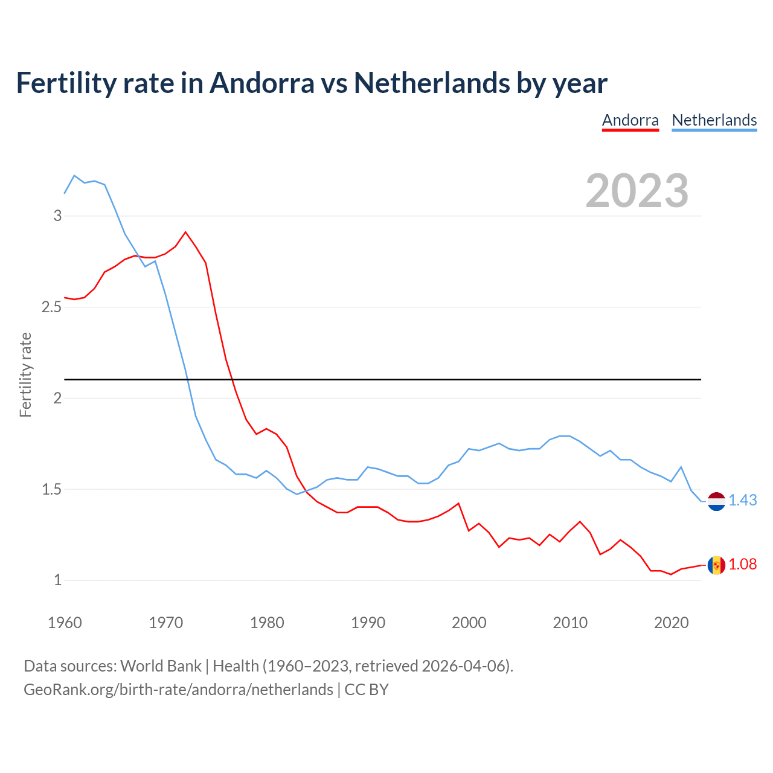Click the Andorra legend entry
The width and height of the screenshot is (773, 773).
630,120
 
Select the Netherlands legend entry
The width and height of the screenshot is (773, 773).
714,120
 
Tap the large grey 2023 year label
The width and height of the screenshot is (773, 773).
637,191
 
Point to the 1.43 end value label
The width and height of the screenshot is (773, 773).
742,500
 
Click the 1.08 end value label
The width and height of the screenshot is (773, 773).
742,564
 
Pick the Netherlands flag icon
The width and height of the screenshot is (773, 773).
716,501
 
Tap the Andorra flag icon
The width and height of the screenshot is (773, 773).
716,565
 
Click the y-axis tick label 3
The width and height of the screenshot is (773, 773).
58,216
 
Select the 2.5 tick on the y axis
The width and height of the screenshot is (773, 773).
52,307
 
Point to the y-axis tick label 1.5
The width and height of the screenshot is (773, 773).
52,489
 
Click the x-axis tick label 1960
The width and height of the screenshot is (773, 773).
65,623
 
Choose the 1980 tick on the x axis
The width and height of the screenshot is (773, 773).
267,623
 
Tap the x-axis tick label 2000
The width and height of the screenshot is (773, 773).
469,623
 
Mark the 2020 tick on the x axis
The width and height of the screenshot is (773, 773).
671,623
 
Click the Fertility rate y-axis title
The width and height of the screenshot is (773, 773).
25,374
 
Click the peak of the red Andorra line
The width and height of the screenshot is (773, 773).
185,232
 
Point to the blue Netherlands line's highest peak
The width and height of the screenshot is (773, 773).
74,176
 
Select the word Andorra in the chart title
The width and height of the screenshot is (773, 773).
261,83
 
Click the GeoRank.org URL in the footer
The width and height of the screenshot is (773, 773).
178,689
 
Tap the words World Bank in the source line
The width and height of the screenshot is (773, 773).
161,666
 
